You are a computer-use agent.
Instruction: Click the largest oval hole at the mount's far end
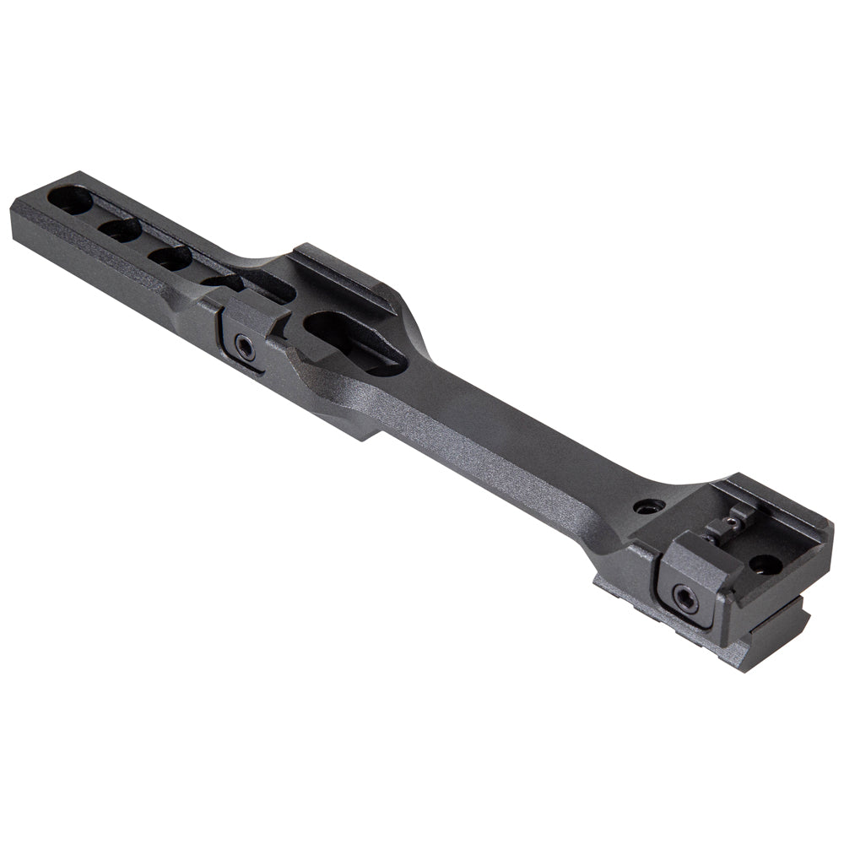point(70,201)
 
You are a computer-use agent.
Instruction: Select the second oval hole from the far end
point(119,229)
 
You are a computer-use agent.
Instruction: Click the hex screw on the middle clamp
point(243,345)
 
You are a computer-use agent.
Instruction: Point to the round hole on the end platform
point(765,563)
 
